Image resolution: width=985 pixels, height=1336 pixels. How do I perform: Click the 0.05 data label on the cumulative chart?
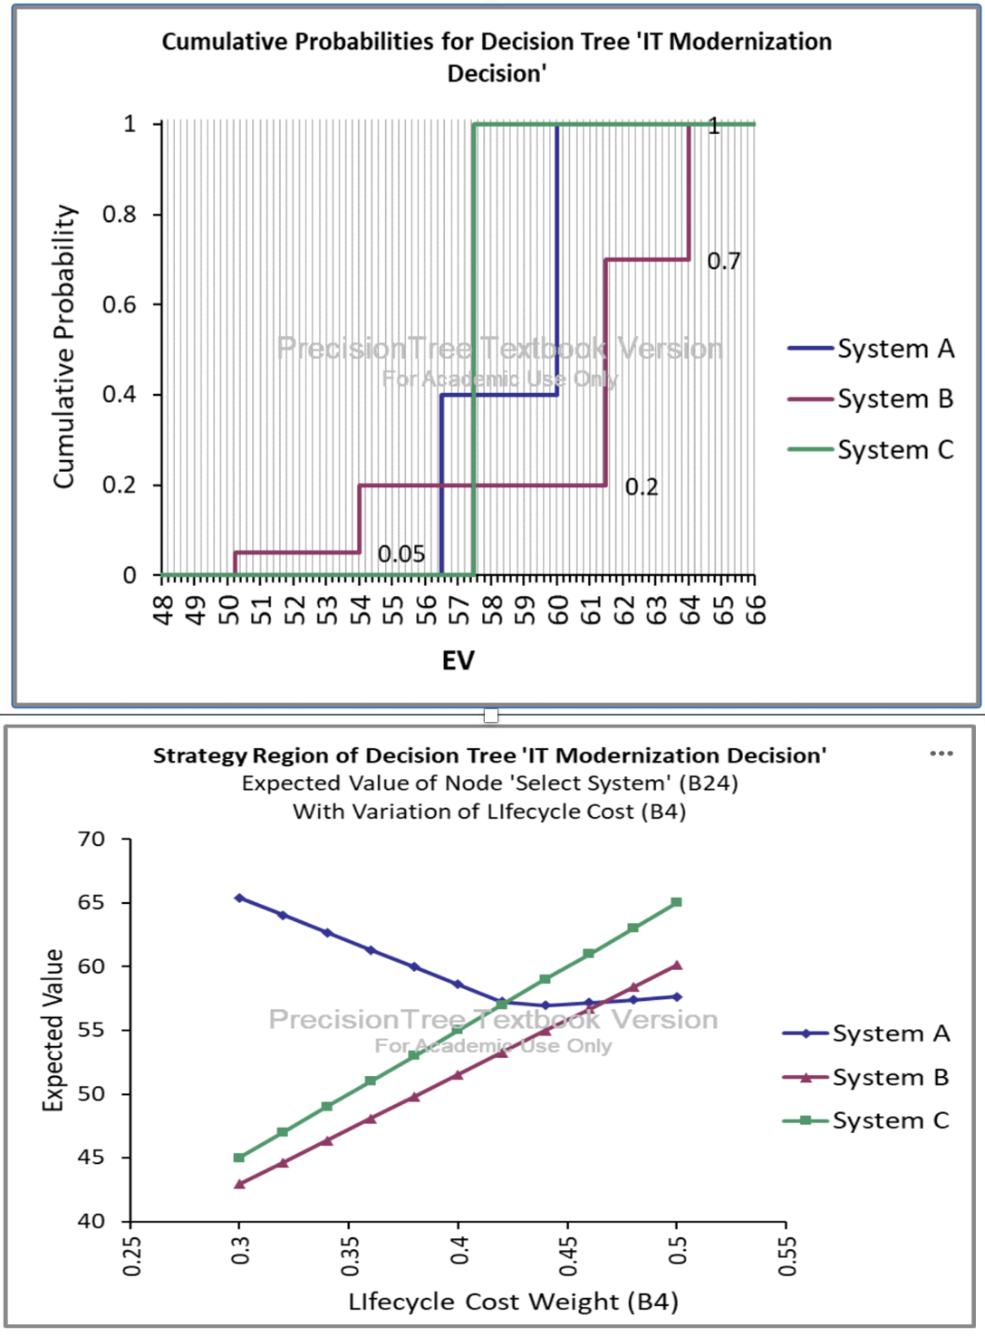coord(401,553)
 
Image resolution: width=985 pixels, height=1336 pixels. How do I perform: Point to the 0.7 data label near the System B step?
coord(723,261)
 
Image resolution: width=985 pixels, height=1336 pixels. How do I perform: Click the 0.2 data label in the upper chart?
coord(642,487)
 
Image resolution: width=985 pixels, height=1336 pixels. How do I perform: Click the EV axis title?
coord(458,660)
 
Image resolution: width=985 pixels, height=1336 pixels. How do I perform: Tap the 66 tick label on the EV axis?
coord(756,610)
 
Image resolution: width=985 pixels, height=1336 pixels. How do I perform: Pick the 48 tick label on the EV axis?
coord(163,610)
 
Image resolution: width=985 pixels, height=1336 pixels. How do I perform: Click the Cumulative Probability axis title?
coord(63,346)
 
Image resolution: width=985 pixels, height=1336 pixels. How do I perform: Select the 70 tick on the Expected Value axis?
coord(91,840)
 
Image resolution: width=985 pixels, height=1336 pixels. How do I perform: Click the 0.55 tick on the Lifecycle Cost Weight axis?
coord(787,1255)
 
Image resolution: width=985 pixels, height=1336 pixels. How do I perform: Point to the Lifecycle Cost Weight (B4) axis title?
coord(513,1302)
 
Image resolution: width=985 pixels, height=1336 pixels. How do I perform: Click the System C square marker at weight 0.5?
coord(676,902)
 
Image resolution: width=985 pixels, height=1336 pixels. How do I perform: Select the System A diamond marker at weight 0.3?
coord(239,898)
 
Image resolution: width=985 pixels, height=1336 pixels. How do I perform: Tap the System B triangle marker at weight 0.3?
coord(239,1184)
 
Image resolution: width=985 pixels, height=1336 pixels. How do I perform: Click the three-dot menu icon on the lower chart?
coord(942,754)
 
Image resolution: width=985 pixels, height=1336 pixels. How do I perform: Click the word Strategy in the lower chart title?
coord(199,755)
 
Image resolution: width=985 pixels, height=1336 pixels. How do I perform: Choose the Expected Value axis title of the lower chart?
coord(53,1030)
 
